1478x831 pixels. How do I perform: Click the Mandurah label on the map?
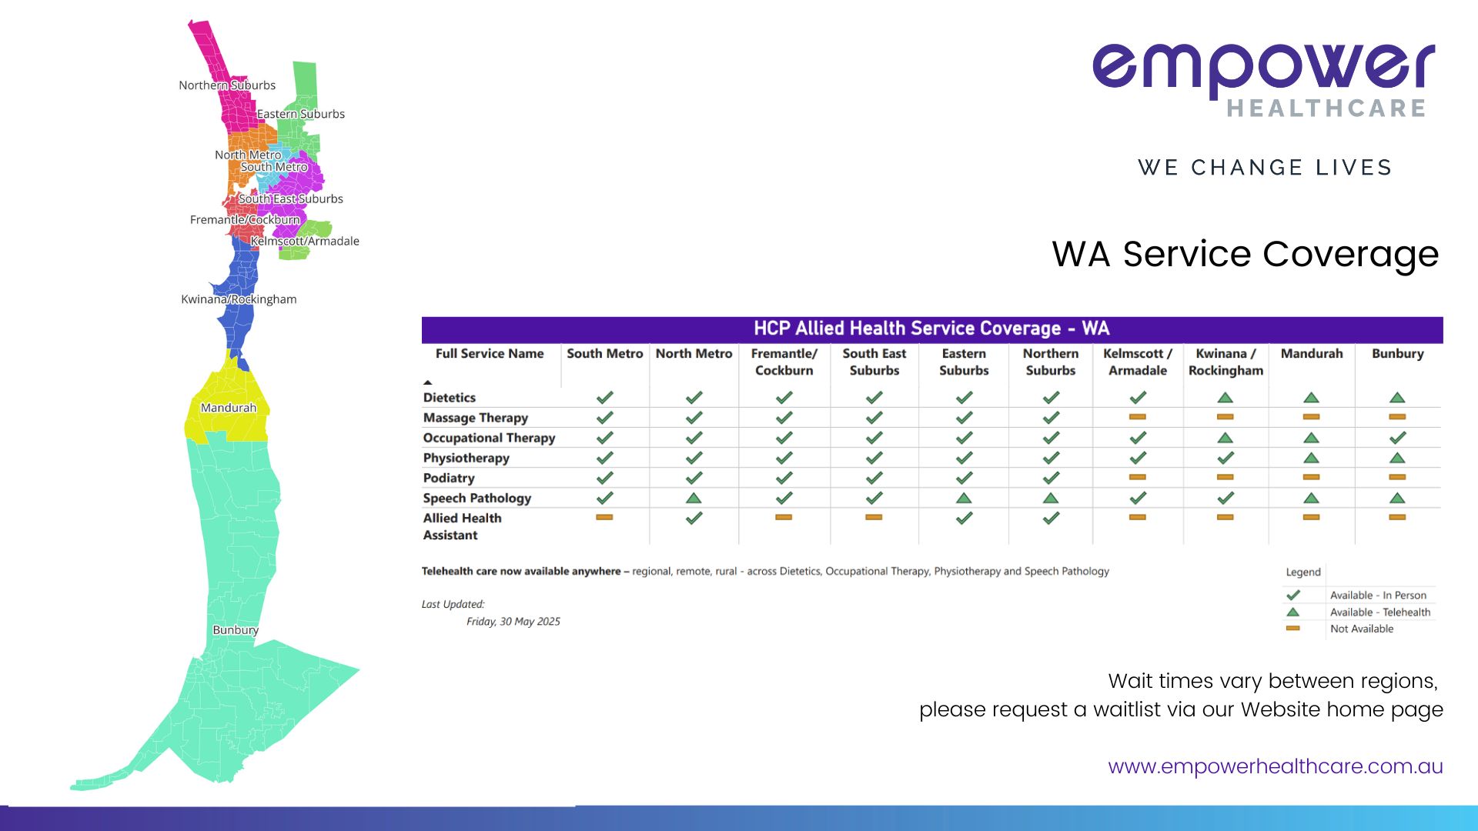coord(229,408)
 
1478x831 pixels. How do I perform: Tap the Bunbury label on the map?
coord(236,630)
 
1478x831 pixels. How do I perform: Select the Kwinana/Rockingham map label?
coord(239,299)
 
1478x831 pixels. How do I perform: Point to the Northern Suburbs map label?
coord(227,85)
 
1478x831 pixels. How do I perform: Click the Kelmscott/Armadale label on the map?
coord(305,241)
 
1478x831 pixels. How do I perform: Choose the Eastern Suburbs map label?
coord(301,114)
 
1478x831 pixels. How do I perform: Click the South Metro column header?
coord(605,354)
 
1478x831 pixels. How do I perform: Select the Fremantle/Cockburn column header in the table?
coord(784,362)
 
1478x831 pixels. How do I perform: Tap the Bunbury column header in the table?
coord(1398,354)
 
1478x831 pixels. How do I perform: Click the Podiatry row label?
coord(449,479)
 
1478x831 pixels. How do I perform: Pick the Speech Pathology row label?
coord(477,499)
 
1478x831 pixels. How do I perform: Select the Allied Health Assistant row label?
coord(462,527)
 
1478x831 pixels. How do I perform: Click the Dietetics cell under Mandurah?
coord(1312,398)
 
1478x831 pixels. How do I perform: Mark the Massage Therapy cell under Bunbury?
coord(1398,417)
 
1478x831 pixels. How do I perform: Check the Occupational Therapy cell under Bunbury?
coord(1398,438)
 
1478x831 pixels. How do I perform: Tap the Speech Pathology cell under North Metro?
coord(694,498)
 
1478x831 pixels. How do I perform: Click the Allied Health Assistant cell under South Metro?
coord(605,517)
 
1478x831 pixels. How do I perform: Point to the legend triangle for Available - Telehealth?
coord(1293,612)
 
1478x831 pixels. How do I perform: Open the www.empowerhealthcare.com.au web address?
coord(1276,767)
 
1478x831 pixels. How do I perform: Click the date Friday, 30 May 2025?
coord(513,622)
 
